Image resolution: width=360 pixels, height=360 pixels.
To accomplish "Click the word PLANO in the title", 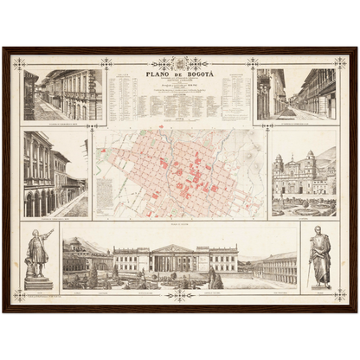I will [160, 75].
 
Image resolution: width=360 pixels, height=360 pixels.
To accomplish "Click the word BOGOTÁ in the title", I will [196, 75].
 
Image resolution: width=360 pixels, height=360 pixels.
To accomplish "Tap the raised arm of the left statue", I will [47, 233].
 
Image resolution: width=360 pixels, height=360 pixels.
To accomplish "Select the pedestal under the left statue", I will [38, 282].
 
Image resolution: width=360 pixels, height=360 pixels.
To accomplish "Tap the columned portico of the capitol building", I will [173, 258].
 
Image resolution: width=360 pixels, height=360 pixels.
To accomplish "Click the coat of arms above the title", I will [180, 63].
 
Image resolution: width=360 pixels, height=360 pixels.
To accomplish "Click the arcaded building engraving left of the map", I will [55, 174].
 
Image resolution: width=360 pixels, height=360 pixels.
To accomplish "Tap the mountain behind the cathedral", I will [325, 156].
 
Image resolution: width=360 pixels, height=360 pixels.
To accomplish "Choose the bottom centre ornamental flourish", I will [180, 294].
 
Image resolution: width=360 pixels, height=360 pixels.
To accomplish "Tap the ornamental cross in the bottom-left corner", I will [19, 295].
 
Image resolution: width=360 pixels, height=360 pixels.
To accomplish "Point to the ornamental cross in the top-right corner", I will [340, 63].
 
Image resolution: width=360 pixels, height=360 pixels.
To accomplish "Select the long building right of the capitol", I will [275, 268].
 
